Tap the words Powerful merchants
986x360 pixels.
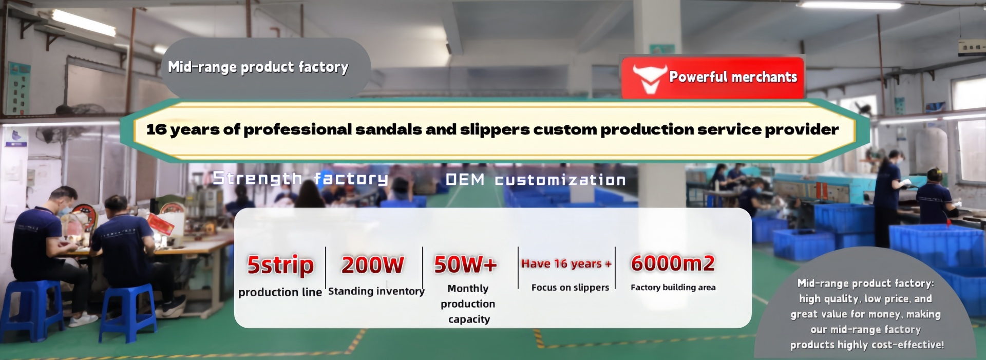point(733,77)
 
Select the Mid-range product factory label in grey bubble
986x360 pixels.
point(258,67)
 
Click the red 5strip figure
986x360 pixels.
point(280,265)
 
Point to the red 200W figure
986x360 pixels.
point(373,265)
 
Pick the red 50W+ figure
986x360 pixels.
point(466,264)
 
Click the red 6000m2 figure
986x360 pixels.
point(673,263)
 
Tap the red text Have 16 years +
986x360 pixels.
point(566,264)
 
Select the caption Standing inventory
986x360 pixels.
point(376,291)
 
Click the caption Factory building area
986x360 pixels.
point(673,288)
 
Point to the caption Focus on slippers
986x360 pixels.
point(570,288)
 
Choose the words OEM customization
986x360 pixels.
point(536,180)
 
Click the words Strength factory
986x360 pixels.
point(300,179)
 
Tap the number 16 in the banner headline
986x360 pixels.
point(157,129)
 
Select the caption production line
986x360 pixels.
point(280,292)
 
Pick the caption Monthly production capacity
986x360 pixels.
point(468,304)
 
